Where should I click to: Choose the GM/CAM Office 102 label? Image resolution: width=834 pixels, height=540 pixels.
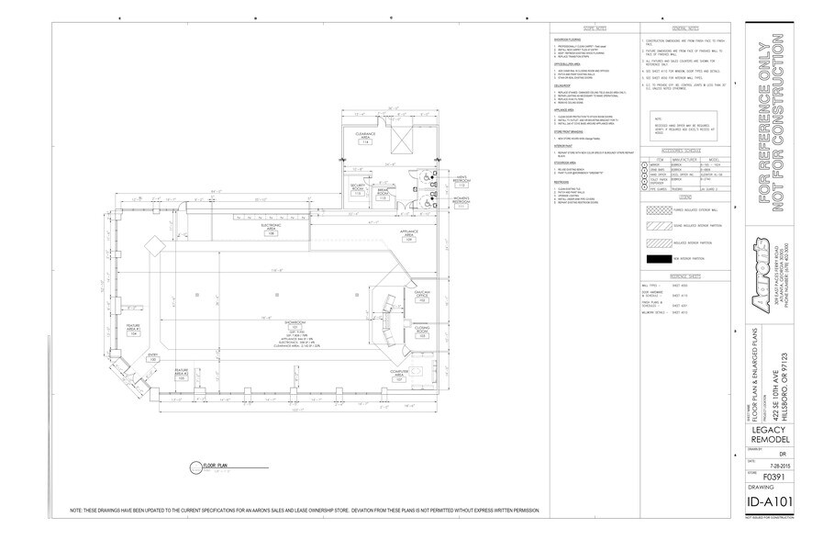tap(396, 298)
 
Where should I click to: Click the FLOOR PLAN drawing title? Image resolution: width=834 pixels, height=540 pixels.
tap(204, 469)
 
